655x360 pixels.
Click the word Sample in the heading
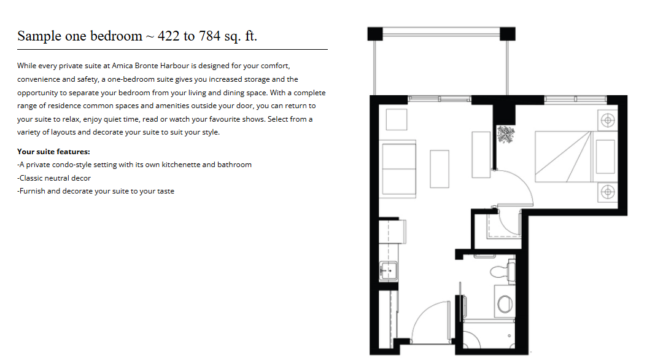pos(39,36)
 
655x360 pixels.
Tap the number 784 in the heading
pos(209,36)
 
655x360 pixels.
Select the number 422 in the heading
pos(168,36)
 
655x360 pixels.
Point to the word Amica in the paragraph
pos(122,66)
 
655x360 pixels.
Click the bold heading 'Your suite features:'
pos(53,152)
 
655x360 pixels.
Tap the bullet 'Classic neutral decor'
pos(54,178)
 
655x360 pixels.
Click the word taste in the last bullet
pos(165,191)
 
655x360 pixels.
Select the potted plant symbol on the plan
pos(506,135)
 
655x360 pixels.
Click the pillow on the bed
pos(605,157)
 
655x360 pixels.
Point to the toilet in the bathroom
pos(502,272)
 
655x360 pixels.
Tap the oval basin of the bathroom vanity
pos(505,304)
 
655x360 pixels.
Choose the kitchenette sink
pos(389,270)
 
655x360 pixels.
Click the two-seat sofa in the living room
pos(399,169)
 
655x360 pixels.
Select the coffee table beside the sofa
pos(440,169)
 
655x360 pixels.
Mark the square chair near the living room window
pos(397,120)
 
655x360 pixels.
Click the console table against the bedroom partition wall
pos(481,155)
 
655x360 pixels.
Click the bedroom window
pos(576,99)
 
